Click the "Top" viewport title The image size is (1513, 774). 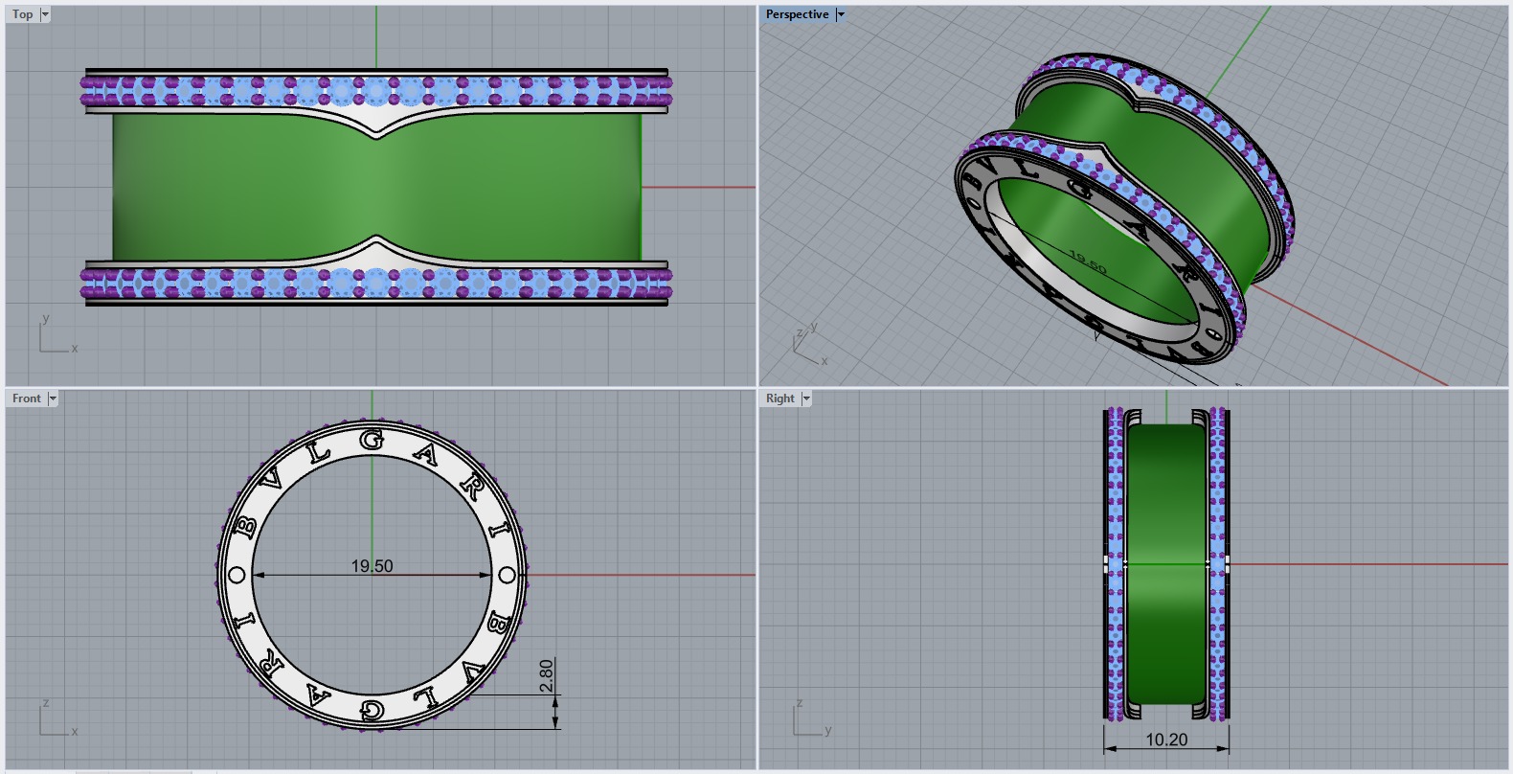click(x=22, y=14)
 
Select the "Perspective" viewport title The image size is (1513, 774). click(x=797, y=14)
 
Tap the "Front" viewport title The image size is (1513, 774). click(x=26, y=398)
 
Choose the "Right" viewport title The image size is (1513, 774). click(x=779, y=398)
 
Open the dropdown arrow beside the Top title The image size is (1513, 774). click(x=45, y=14)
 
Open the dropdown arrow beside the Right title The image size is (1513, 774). click(x=806, y=398)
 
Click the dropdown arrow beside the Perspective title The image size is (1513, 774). click(x=841, y=14)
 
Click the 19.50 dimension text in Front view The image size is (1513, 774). click(x=372, y=566)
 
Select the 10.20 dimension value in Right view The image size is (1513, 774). click(x=1165, y=740)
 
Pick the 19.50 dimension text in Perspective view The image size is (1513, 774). click(x=1087, y=263)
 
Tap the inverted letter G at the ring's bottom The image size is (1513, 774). click(x=372, y=710)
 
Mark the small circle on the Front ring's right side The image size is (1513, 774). click(x=508, y=575)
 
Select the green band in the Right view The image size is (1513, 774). click(x=1165, y=565)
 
